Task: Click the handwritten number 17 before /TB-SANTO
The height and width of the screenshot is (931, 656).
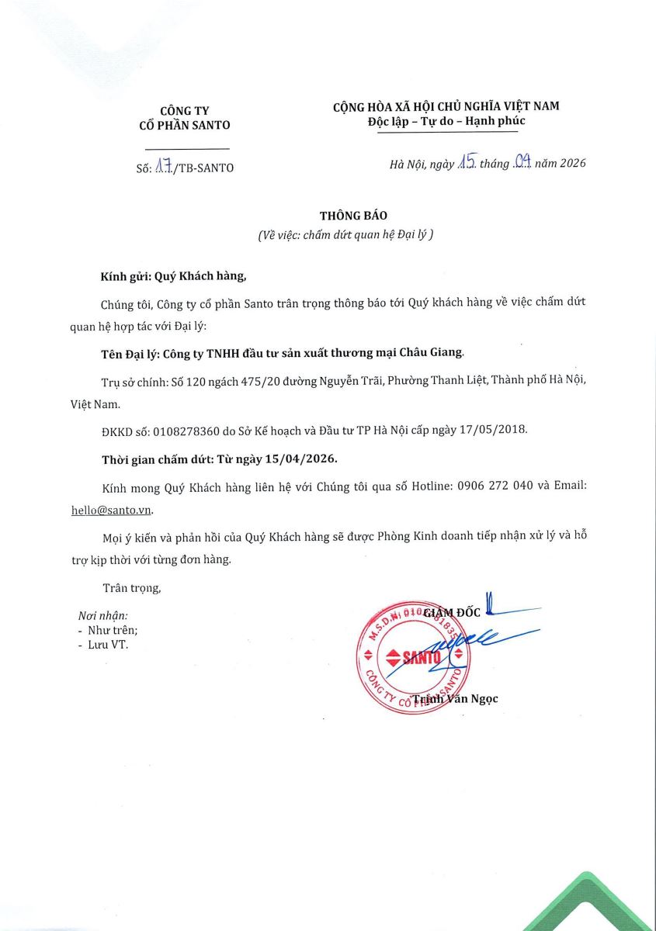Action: click(x=164, y=166)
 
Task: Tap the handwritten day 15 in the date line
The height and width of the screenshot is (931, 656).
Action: click(x=467, y=163)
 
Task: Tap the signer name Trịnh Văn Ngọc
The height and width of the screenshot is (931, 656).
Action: click(x=455, y=699)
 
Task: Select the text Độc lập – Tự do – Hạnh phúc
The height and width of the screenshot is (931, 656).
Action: click(x=446, y=122)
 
